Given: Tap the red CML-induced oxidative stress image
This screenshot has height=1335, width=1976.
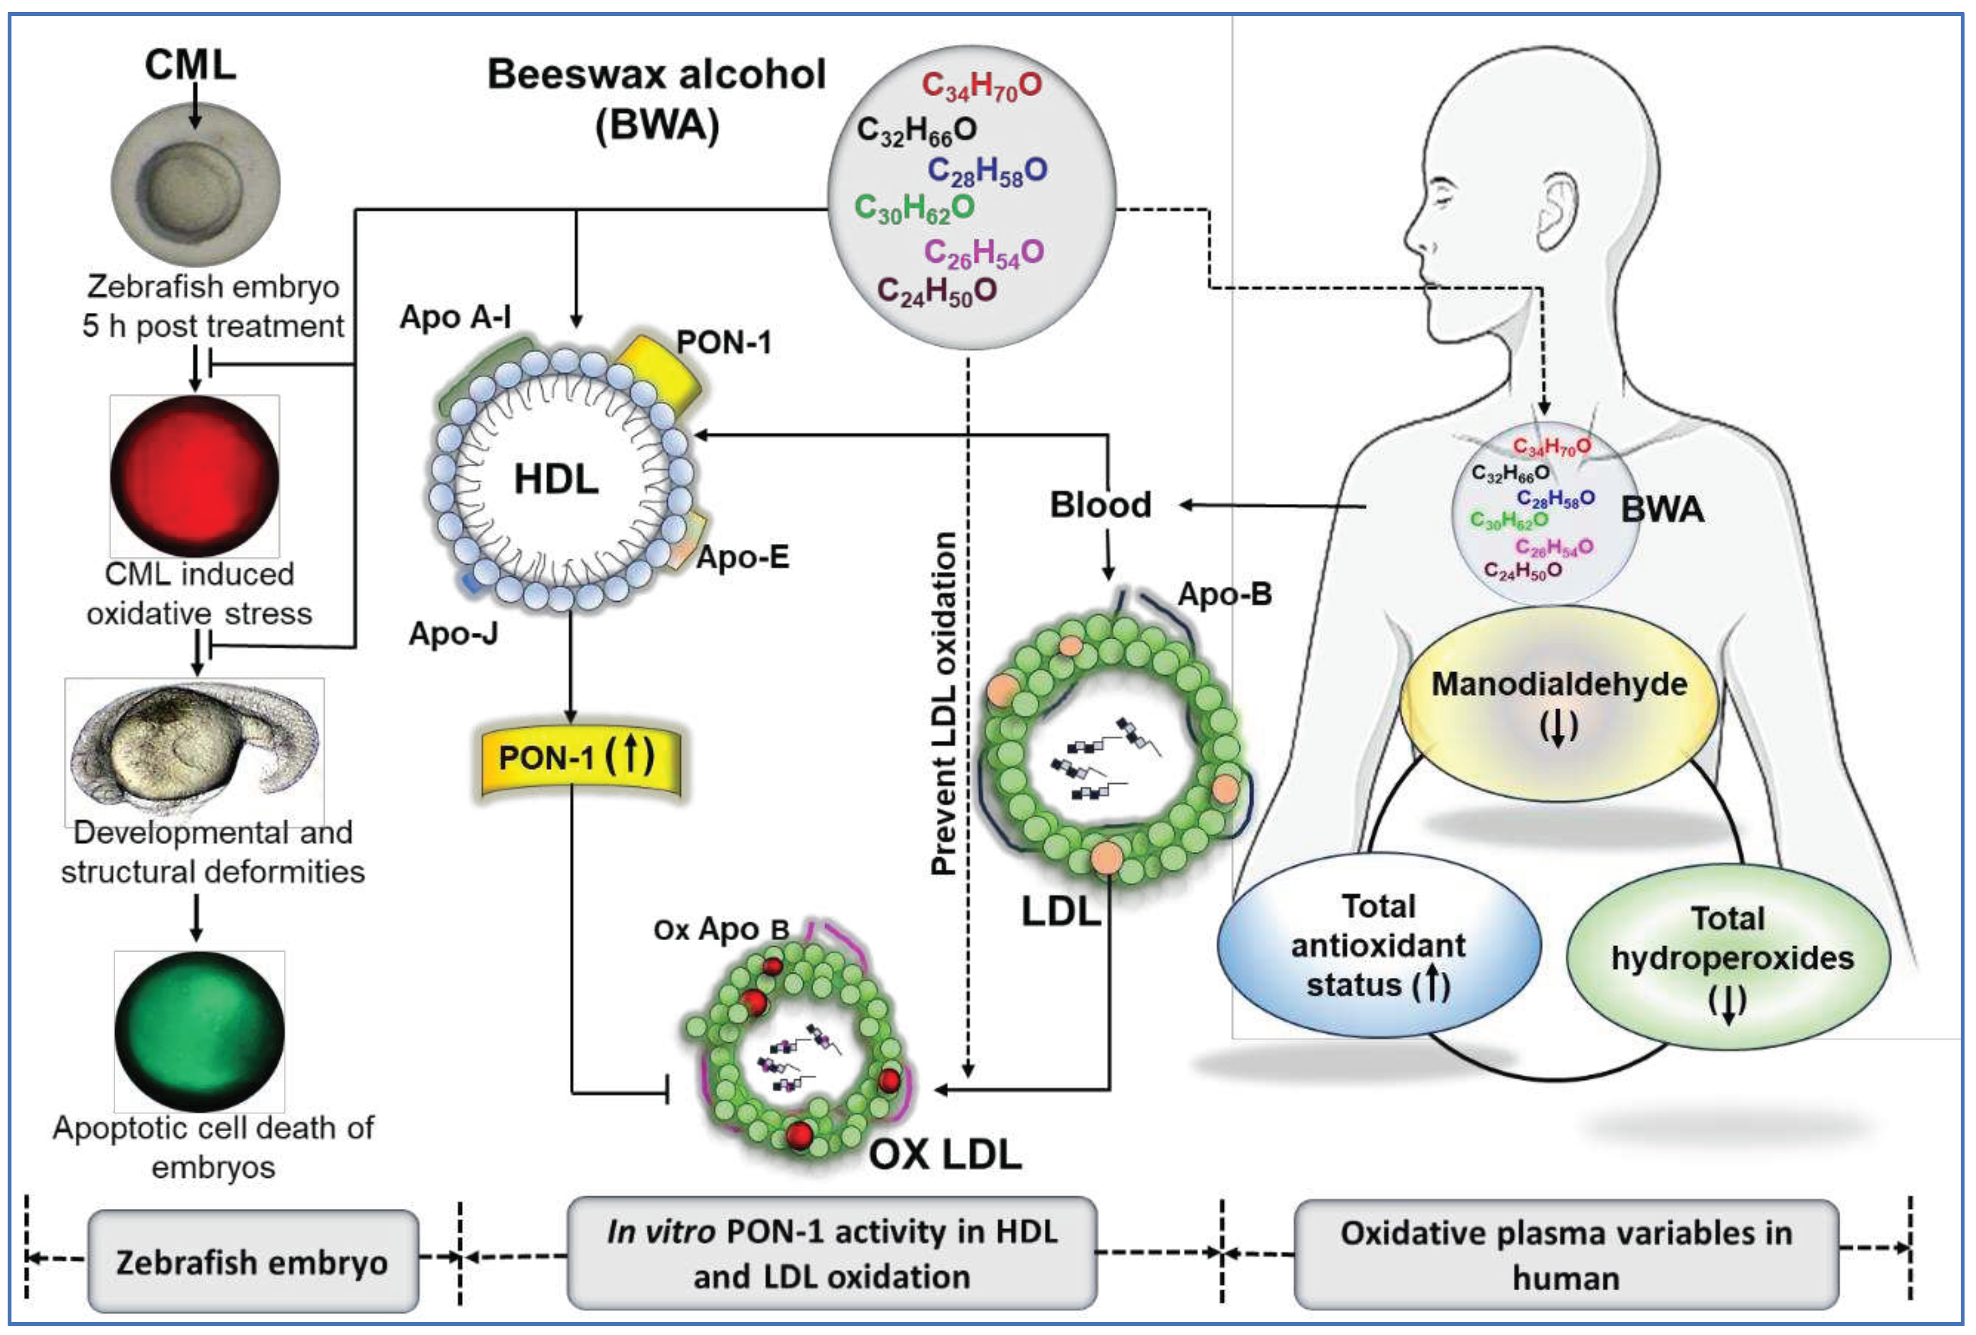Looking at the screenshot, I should coord(195,476).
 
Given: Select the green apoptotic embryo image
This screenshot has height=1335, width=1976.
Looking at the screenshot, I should coord(199,1030).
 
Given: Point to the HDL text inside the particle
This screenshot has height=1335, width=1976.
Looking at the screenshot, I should coord(556,479).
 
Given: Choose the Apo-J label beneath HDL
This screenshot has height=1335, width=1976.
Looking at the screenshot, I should coord(453,633).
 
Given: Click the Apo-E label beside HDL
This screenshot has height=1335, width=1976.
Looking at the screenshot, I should coord(742,557).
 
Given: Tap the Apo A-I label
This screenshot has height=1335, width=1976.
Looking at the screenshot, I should coord(456,317).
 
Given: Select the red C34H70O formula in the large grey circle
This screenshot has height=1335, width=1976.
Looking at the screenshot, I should coord(981,85).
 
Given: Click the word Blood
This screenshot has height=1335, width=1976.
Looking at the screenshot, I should coord(1100,505).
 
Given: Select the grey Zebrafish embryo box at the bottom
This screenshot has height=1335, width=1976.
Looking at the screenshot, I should coord(253,1262).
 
